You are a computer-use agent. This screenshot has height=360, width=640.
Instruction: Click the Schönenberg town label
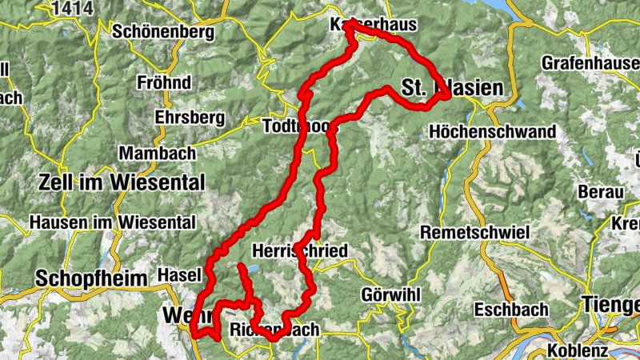pos(164,32)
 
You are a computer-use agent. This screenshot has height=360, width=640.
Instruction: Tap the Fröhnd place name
pos(165,82)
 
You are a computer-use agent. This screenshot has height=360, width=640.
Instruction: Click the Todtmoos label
pos(296,126)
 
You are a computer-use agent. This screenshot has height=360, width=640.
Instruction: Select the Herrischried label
pos(300,251)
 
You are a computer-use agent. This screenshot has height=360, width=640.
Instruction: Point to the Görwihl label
pos(390,294)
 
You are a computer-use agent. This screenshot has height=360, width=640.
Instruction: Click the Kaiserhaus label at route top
pos(374,26)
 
